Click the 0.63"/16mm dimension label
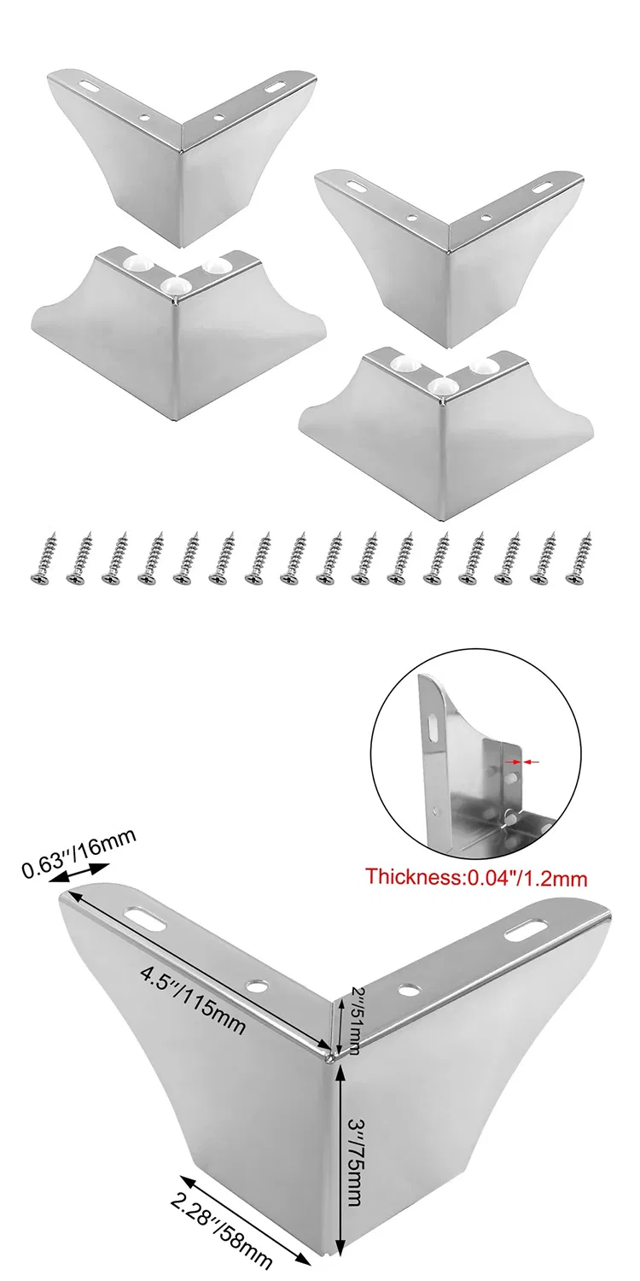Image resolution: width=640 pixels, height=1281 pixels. [79, 854]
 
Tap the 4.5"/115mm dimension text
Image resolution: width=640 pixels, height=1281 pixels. [191, 998]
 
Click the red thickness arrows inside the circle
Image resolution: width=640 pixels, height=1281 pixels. [522, 762]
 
